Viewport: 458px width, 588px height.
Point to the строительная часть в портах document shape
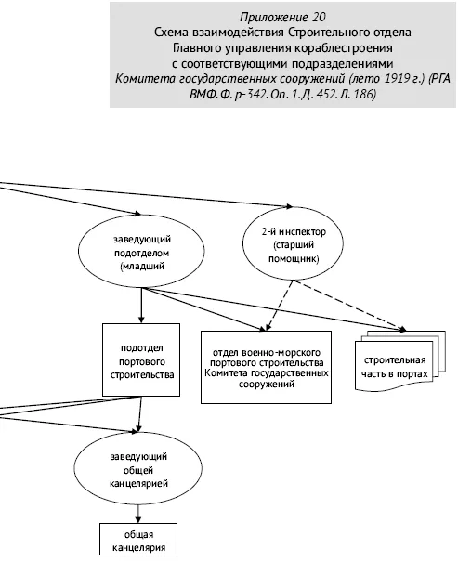tap(399, 360)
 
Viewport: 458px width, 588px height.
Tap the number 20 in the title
tap(319, 17)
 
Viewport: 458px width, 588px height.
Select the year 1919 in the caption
tap(398, 79)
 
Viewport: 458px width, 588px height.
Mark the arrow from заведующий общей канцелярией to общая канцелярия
tap(138, 514)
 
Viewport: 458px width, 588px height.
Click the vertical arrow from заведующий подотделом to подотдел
tap(141, 306)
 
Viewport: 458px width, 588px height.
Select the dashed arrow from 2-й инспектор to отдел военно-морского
tap(279, 306)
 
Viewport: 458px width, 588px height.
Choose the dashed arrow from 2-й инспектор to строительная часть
tap(349, 306)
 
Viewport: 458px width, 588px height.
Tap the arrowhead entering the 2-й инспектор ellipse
tap(289, 206)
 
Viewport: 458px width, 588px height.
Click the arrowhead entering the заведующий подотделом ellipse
tap(138, 214)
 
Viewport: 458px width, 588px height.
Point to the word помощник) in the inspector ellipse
tap(294, 259)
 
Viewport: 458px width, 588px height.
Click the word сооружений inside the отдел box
tap(267, 385)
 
